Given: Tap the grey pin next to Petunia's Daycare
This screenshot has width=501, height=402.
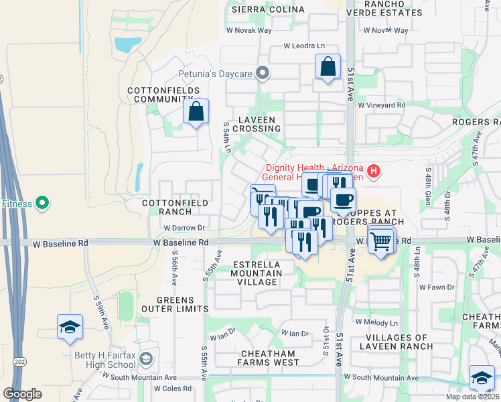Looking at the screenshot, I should pyautogui.click(x=263, y=73).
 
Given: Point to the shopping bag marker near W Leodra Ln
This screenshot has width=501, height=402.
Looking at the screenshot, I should pyautogui.click(x=327, y=67).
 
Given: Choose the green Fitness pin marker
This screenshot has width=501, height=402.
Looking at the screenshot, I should pyautogui.click(x=42, y=202).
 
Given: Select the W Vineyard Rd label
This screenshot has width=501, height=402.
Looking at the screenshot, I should pyautogui.click(x=382, y=105).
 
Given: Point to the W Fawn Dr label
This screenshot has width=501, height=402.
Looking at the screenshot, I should pyautogui.click(x=436, y=287).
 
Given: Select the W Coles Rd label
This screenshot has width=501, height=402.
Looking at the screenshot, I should pyautogui.click(x=173, y=388).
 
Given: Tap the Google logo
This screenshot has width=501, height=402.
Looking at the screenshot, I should pyautogui.click(x=22, y=394).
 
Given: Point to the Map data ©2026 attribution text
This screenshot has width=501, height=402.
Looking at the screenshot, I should pyautogui.click(x=471, y=397).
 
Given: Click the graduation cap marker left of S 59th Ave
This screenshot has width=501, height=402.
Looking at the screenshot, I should pyautogui.click(x=70, y=327).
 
